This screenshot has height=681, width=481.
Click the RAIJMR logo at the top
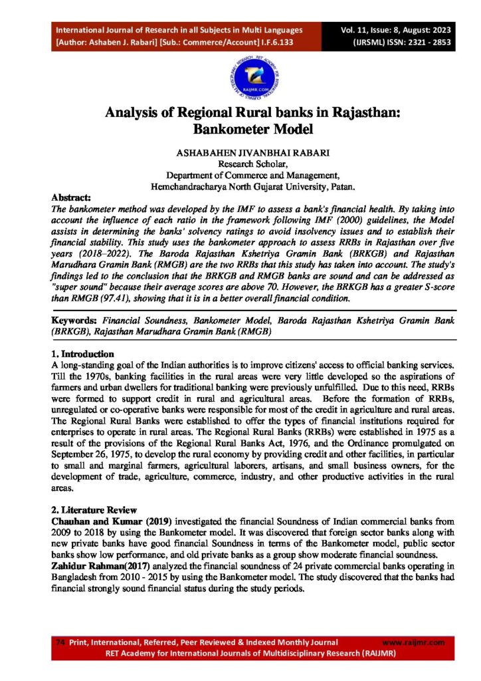[x=240, y=76]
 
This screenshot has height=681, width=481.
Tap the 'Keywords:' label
[x=75, y=321]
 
